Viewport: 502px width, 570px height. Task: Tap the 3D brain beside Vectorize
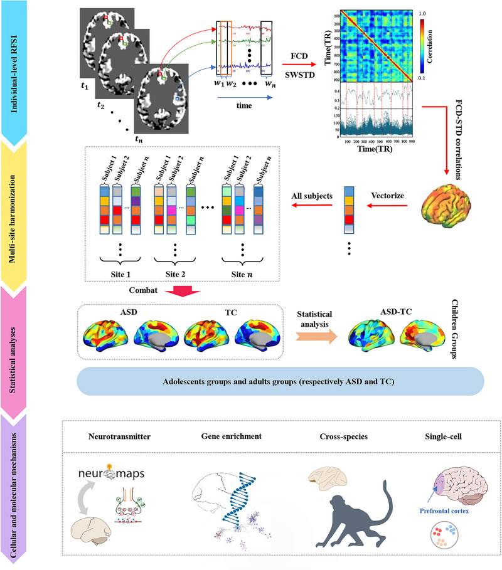click(x=442, y=201)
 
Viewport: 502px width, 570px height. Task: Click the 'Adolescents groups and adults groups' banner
click(x=280, y=381)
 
